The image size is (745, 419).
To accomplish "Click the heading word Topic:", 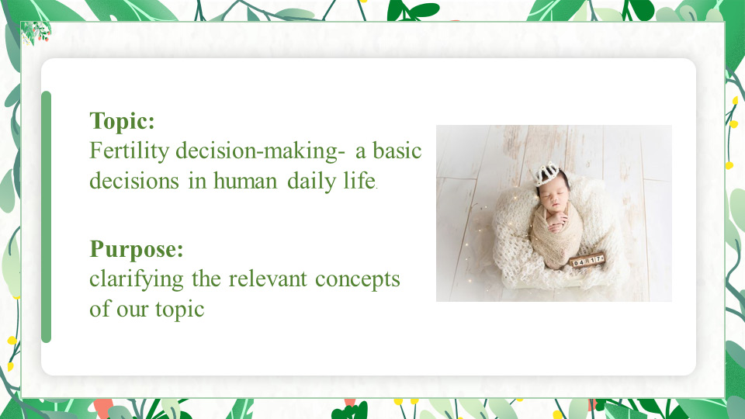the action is pos(122,121).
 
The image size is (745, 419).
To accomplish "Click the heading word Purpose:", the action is pos(137,249).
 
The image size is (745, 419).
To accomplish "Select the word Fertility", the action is pos(130,151).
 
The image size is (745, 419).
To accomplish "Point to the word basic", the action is pos(397,151).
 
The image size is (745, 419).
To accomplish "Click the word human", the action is pos(244,181).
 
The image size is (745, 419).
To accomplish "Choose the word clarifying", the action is pos(137,279).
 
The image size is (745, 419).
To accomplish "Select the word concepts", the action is pos(357,280).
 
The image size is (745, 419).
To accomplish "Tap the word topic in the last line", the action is pos(179,310).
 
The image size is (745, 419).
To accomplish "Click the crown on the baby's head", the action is pos(546,173).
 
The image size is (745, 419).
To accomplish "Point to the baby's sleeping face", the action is pos(555,197).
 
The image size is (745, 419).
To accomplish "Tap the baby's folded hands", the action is pos(558,222).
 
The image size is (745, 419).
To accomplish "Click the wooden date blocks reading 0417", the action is pos(587,261).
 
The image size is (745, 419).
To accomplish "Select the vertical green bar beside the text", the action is pos(46,217).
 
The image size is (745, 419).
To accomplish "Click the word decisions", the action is pos(134,181).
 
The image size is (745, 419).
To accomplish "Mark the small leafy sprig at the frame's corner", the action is pos(36,33).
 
